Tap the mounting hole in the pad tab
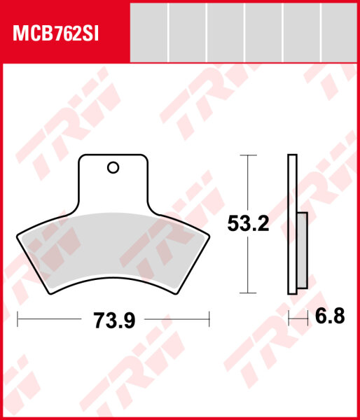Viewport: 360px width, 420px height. tap(113, 167)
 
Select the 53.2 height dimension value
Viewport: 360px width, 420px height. tap(249, 224)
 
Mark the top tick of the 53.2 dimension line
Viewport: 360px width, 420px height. tap(244, 155)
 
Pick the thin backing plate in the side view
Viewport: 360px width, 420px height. tap(291, 224)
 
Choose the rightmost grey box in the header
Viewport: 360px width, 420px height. tap(339, 33)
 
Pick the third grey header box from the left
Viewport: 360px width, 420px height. tap(226, 33)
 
